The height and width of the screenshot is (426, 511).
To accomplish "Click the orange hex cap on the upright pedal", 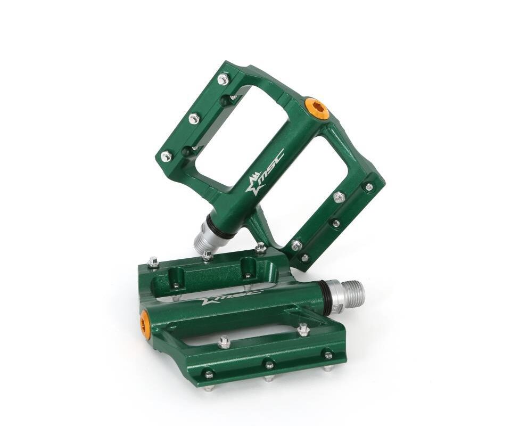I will pos(317,108).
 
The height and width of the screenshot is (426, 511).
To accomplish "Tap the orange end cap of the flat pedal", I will pos(145,325).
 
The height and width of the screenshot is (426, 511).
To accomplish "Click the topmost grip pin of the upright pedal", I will pos(223,79).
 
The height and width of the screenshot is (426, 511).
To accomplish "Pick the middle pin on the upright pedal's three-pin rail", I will pos(194,118).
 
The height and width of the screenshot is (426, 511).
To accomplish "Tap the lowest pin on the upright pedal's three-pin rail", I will pos(166,157).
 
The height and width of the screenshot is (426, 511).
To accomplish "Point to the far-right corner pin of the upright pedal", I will pos(368,187).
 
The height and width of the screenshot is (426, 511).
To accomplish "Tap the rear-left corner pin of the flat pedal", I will pos(153,262).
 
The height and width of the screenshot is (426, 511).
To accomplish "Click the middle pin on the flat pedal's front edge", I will pos(269,365).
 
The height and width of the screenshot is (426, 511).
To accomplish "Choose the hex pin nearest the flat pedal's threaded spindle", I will pos(303,330).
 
